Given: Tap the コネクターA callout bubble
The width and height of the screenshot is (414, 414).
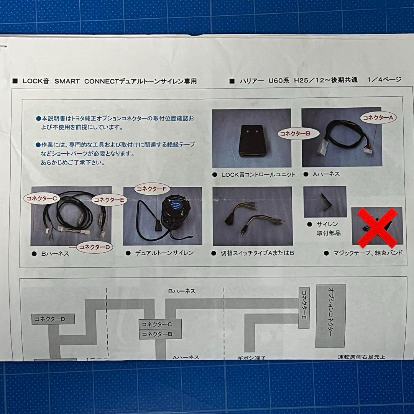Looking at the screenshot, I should pyautogui.click(x=378, y=118).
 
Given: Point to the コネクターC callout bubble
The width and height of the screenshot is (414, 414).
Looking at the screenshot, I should pyautogui.click(x=41, y=198).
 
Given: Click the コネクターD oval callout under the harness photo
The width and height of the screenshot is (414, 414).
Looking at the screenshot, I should pyautogui.click(x=95, y=247).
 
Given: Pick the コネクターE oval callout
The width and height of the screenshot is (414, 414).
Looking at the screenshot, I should pyautogui.click(x=109, y=200).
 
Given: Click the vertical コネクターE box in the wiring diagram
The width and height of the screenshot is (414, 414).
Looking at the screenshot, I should pyautogui.click(x=304, y=308).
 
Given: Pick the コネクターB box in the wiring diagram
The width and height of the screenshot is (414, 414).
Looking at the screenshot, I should pyautogui.click(x=160, y=334).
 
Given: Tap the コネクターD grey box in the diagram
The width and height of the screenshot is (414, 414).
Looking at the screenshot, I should pyautogui.click(x=53, y=319).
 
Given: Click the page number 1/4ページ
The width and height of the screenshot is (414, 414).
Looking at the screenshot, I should pyautogui.click(x=384, y=80).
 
